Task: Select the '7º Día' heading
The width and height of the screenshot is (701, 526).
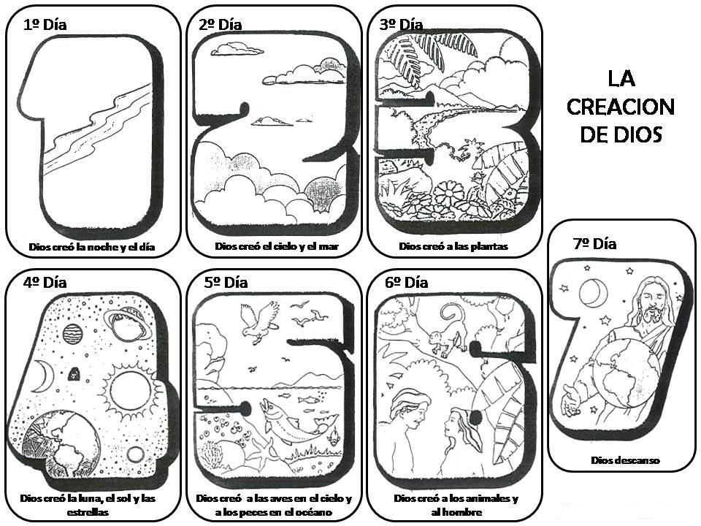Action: tap(594, 244)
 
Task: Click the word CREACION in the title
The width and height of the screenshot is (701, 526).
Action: tap(621, 107)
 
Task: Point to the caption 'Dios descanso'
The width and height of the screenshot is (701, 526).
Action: tap(625, 460)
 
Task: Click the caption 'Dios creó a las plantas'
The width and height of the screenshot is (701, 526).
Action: tap(453, 247)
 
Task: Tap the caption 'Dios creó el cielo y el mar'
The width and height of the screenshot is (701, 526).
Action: tap(277, 246)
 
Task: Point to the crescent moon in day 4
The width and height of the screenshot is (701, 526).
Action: tap(43, 376)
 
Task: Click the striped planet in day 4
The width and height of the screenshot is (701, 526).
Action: tap(72, 334)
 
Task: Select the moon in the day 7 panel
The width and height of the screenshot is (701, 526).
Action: tap(592, 294)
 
